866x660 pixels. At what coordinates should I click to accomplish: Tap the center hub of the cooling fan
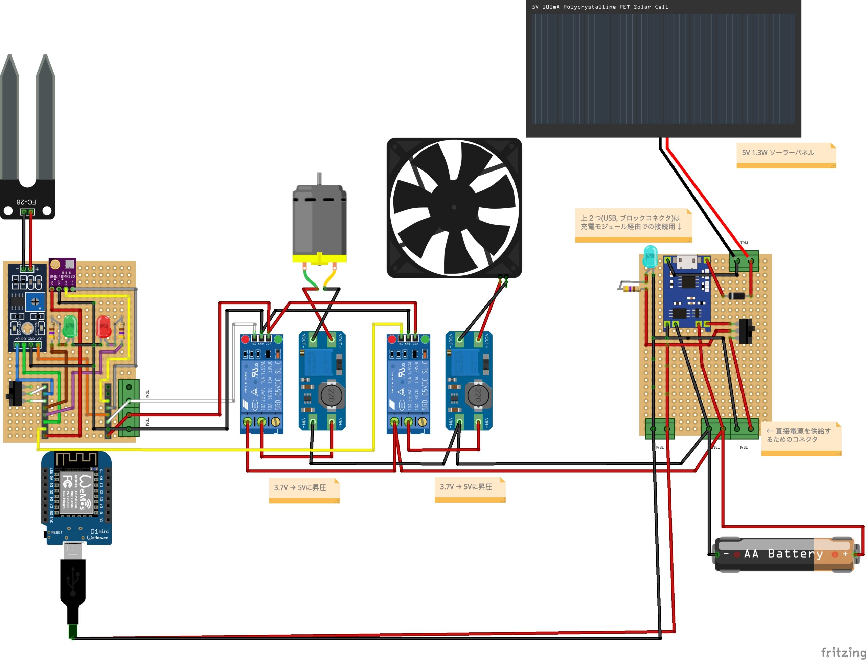tap(454, 207)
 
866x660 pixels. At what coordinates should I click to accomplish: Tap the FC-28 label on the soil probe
tap(26, 202)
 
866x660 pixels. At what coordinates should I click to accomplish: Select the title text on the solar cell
tap(600, 7)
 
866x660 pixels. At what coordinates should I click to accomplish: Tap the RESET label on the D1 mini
tap(56, 533)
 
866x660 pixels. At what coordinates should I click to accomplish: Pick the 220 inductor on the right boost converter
tap(478, 395)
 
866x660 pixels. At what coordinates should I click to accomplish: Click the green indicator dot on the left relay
tap(278, 339)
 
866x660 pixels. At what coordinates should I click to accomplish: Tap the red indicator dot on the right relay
tap(392, 339)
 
